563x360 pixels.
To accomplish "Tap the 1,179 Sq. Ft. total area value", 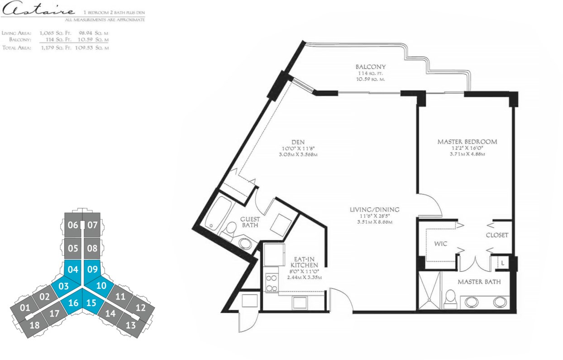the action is point(56,48).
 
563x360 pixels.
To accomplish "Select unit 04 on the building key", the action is point(73,269).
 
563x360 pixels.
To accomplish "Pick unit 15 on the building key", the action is point(91,303).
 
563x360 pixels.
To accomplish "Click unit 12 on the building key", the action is point(140,308).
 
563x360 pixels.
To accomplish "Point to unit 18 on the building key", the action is point(34,325).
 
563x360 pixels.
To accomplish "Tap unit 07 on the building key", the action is point(92,225).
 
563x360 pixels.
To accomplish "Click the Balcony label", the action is point(371,67).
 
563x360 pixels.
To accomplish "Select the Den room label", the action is point(298,142).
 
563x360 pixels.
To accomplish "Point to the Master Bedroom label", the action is point(467,142).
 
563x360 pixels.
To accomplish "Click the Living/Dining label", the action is point(374,209).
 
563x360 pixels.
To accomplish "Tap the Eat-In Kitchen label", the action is point(305,262).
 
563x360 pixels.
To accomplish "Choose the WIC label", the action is point(441,244).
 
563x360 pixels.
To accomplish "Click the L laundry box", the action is point(503,263).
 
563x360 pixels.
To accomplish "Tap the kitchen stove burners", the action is point(272,283).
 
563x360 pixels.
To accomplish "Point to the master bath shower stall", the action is point(429,291).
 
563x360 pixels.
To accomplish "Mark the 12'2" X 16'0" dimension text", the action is point(467,148).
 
